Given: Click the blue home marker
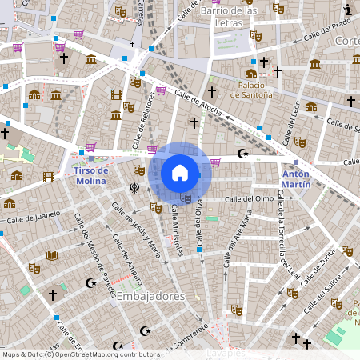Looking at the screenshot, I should click(180, 173).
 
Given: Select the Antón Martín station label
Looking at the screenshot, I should click(296, 178).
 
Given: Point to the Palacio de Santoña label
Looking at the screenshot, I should click(251, 89).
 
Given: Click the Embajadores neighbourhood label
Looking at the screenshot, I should click(150, 296).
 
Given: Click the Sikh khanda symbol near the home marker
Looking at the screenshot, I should click(134, 189).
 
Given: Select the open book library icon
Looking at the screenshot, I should click(52, 256).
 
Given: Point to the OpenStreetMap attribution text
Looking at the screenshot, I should click(80, 354).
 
